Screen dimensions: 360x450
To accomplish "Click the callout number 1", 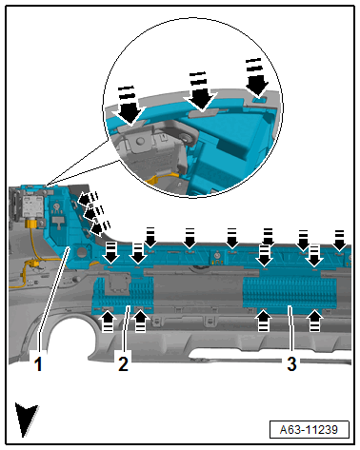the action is (38, 363).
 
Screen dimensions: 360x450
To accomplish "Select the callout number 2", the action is (123, 363).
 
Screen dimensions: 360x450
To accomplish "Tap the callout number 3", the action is (291, 363).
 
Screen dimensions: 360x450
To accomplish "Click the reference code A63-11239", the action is (309, 430).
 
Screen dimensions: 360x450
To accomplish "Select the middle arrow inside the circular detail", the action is (200, 91).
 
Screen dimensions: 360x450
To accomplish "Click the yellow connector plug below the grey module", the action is (32, 224).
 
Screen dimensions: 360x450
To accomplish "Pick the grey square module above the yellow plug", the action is (31, 206).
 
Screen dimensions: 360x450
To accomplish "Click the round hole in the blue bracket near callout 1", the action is (82, 252).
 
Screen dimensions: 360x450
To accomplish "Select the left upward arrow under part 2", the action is (108, 321).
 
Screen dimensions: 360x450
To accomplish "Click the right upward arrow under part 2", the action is (140, 321).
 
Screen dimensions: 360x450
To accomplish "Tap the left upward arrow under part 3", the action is (263, 321).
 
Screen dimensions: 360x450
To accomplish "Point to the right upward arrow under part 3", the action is (314, 321).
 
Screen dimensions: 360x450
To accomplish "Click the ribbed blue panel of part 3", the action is (290, 292).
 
